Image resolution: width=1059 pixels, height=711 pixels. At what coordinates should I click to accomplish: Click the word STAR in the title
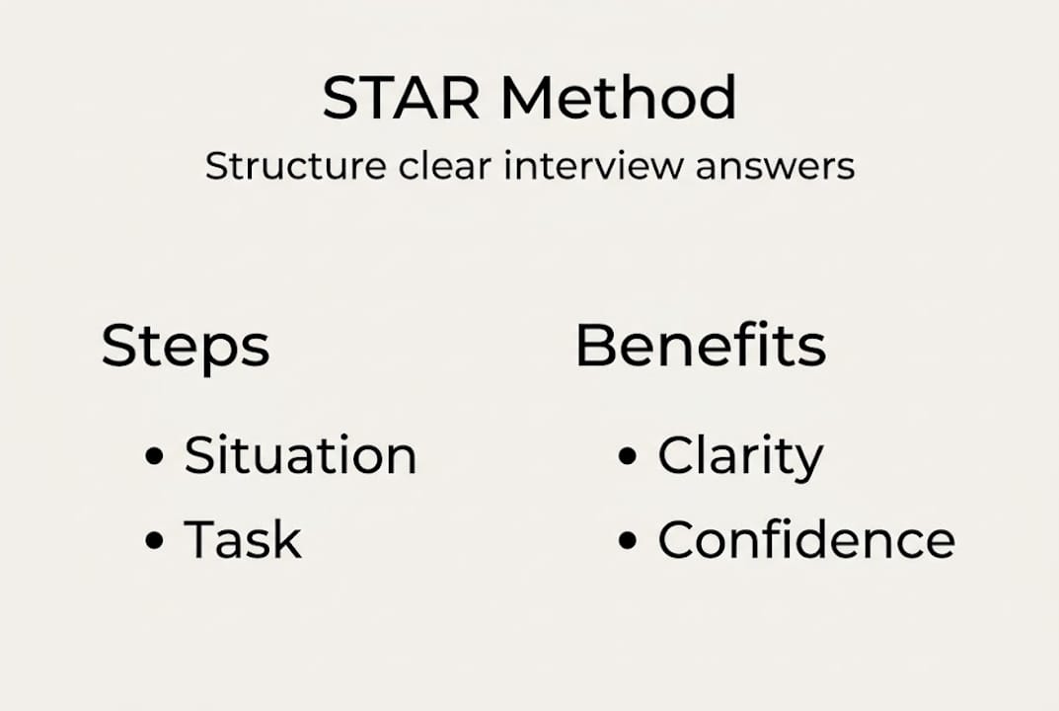point(402,99)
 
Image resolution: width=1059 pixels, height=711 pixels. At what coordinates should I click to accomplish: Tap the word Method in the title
point(618,99)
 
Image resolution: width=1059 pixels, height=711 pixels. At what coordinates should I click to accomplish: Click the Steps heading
point(186,347)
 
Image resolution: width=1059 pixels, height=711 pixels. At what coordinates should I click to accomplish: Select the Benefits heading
point(701,346)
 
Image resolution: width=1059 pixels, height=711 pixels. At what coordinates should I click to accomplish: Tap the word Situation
point(300,455)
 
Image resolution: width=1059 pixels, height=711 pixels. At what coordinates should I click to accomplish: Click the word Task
point(243,539)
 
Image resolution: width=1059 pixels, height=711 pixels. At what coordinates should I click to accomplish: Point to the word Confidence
point(806,540)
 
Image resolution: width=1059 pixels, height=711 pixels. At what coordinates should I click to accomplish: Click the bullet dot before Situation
point(154,457)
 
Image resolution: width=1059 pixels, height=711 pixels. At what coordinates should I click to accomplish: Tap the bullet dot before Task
point(154,541)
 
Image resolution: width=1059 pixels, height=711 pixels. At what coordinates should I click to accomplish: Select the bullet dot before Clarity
point(628,457)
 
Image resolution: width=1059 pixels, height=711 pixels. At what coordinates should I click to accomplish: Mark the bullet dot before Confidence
point(628,541)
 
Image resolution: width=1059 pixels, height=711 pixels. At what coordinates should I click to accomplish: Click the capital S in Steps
point(119,347)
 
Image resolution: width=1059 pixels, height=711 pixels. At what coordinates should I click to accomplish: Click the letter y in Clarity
point(808,462)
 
